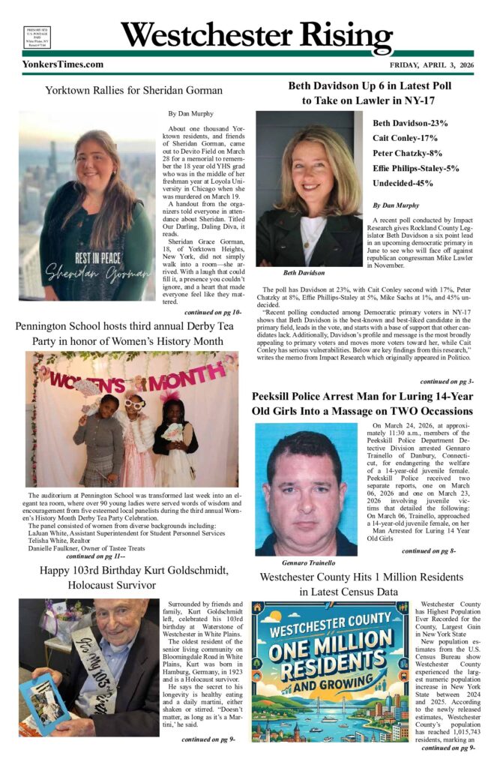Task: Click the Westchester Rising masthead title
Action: [x=256, y=35]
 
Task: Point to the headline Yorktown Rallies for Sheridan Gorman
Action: [x=133, y=91]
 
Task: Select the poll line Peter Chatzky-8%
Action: [x=406, y=153]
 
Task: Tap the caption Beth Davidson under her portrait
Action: [x=304, y=272]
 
